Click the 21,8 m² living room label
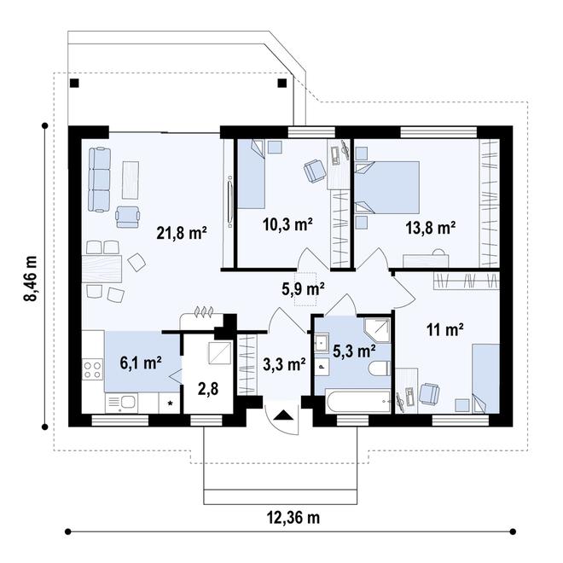click(x=182, y=234)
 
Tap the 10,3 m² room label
click(x=287, y=225)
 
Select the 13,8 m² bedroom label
click(x=431, y=227)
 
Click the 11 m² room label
click(x=445, y=329)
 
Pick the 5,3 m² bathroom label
click(x=354, y=351)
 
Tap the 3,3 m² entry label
click(x=284, y=364)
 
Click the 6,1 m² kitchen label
click(x=141, y=363)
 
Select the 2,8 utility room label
click(x=208, y=389)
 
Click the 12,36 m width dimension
click(x=293, y=518)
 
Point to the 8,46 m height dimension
click(x=30, y=279)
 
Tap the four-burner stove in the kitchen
click(x=93, y=370)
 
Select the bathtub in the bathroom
click(x=357, y=401)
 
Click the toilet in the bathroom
click(x=380, y=368)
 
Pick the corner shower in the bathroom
click(x=377, y=329)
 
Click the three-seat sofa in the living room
click(x=100, y=179)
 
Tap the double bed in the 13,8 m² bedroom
click(x=387, y=188)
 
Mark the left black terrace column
click(x=74, y=84)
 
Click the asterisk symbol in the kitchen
click(x=171, y=403)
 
